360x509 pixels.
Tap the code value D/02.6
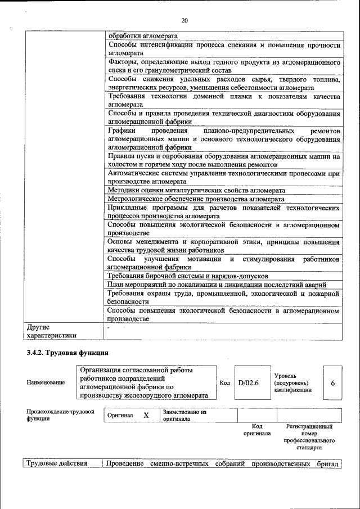pos(247,383)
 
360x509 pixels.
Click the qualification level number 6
pos(333,383)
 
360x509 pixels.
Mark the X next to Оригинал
pos(146,415)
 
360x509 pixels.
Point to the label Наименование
pos(46,383)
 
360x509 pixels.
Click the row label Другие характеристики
pos(51,331)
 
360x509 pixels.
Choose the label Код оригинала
pos(257,430)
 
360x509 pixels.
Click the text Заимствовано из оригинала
pos(184,416)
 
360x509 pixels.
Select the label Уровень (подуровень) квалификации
pos(292,382)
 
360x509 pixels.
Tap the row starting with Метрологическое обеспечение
pos(196,199)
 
